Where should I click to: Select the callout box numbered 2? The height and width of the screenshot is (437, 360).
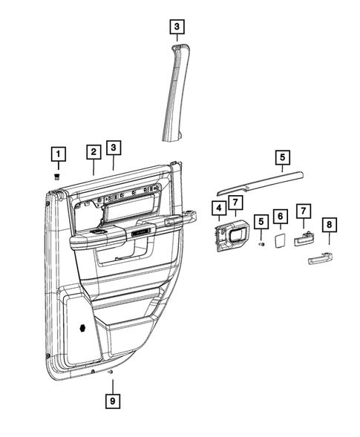(93, 151)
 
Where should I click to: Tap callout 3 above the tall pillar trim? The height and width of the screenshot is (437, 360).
(176, 29)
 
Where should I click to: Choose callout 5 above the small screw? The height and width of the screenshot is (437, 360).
(261, 221)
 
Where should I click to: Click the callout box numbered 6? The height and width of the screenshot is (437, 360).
(281, 216)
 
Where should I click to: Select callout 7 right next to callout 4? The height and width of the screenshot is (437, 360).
(234, 202)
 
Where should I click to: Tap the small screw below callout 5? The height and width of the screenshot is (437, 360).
(261, 243)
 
